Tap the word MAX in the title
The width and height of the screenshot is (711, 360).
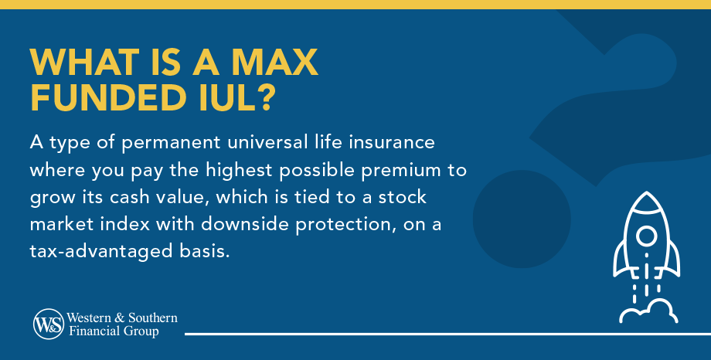click(x=275, y=62)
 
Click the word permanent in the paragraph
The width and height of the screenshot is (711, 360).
click(x=172, y=143)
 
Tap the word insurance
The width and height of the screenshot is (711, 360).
click(x=392, y=142)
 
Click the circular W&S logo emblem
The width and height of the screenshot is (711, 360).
click(x=49, y=324)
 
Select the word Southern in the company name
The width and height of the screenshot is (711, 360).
click(x=152, y=318)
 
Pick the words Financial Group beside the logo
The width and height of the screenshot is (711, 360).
click(x=114, y=331)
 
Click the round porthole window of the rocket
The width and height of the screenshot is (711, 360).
click(x=646, y=236)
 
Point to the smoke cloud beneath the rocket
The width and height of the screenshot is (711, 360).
click(x=648, y=311)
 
